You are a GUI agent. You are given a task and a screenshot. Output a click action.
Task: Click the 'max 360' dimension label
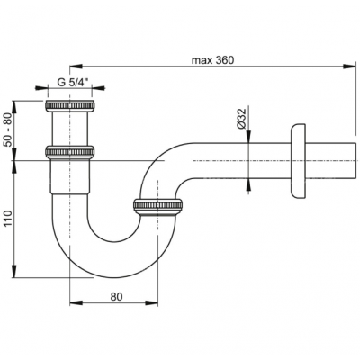pyautogui.click(x=212, y=60)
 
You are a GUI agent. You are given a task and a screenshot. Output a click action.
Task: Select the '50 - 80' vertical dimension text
pyautogui.click(x=7, y=130)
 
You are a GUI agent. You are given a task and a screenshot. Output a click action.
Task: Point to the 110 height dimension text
pyautogui.click(x=7, y=218)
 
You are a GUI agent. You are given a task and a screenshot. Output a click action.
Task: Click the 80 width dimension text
pyautogui.click(x=116, y=297)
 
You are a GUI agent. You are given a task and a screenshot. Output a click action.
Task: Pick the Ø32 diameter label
pyautogui.click(x=242, y=118)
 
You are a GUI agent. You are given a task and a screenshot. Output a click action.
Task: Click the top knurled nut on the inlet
pyautogui.click(x=70, y=106)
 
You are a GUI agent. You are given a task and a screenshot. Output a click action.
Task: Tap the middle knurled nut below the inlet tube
pyautogui.click(x=70, y=152)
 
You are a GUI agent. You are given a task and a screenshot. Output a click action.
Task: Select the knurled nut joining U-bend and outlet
pyautogui.click(x=157, y=206)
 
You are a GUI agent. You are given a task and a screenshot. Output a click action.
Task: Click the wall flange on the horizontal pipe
pyautogui.click(x=298, y=161)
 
